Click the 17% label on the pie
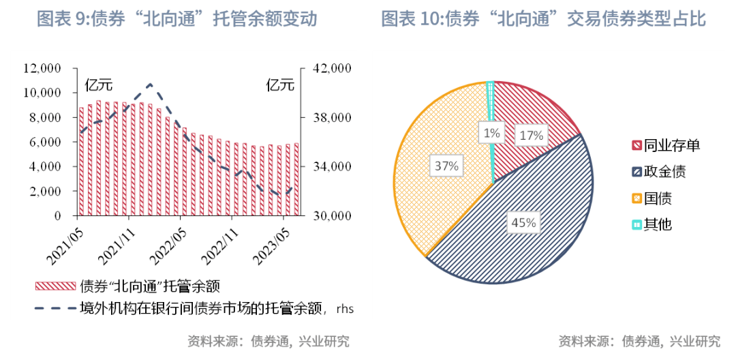tap(532, 135)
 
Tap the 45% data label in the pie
tap(523, 222)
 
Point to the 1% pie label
tap(492, 134)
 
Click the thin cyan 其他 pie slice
tap(491, 109)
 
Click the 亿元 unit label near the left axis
tap(98, 85)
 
